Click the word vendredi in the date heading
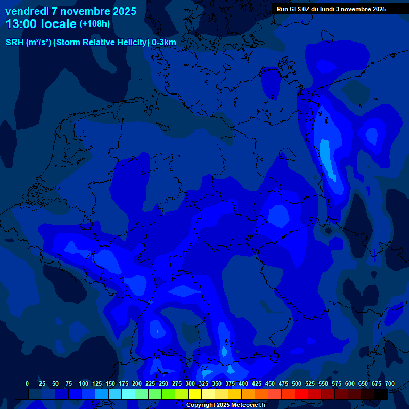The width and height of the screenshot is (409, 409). coord(27,11)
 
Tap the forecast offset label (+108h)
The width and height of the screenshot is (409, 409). coord(95,24)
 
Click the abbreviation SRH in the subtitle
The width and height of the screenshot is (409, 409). coord(14,42)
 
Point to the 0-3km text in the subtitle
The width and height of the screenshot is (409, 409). coord(163,42)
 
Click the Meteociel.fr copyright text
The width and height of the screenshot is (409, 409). coord(226,405)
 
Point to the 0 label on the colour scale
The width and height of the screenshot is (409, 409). coord(27,383)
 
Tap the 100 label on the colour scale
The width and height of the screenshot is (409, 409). coord(84,383)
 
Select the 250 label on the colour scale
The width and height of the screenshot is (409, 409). coord(163,383)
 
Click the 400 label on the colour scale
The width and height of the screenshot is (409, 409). coord(243,383)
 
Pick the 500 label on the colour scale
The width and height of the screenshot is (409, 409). coord(297,383)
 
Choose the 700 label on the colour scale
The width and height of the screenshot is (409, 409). coord(390,383)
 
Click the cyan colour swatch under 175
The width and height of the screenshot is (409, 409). coord(128,394)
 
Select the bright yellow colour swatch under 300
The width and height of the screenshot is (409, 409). coord(195,394)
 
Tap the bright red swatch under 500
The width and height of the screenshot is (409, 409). coord(301,394)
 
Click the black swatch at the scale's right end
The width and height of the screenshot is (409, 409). coord(381,394)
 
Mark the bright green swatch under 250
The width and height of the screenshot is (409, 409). coord(168,394)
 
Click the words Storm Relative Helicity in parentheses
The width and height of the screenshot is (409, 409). coord(101,42)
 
